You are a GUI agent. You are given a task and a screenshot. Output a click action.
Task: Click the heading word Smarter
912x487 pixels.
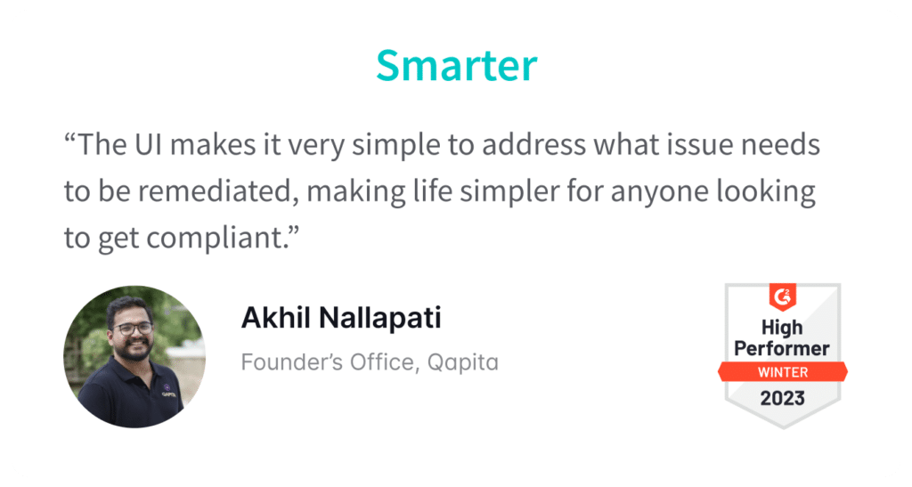click(457, 65)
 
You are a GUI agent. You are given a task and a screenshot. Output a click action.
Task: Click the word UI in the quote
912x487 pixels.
click(149, 145)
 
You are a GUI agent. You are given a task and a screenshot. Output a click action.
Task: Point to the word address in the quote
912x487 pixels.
click(534, 145)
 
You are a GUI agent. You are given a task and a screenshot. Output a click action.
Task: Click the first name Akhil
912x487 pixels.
click(276, 318)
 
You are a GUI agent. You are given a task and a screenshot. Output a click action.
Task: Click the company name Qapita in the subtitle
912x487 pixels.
click(463, 363)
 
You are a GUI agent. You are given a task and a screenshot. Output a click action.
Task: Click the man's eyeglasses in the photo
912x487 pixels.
click(134, 329)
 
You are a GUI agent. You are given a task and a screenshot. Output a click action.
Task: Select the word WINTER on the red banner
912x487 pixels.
click(782, 372)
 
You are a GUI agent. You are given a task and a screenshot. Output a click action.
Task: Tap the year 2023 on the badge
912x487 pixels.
click(782, 399)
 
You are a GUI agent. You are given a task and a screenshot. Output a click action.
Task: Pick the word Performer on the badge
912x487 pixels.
click(782, 349)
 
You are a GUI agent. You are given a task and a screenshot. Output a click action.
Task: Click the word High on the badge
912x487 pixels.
click(782, 328)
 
